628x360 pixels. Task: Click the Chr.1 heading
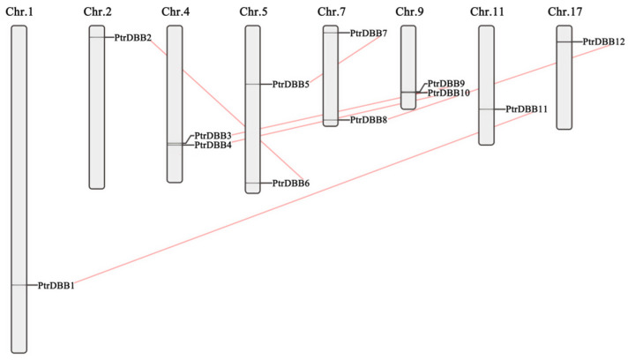click(19, 11)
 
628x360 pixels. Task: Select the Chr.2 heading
click(97, 11)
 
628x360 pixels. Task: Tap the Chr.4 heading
click(175, 11)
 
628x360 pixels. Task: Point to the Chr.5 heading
click(252, 11)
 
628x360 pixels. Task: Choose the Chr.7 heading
click(331, 11)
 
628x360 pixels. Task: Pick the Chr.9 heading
click(408, 11)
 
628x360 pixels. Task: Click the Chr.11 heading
click(486, 11)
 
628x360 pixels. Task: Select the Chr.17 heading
click(564, 11)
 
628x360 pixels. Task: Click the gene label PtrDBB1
click(56, 285)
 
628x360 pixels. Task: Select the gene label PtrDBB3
click(213, 135)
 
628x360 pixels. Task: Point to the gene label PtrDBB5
click(291, 85)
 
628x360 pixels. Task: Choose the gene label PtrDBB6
click(291, 184)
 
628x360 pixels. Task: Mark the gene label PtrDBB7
click(369, 33)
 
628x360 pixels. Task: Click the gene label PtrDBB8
click(369, 120)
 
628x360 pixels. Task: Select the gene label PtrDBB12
click(604, 41)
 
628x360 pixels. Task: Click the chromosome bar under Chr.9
click(408, 67)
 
